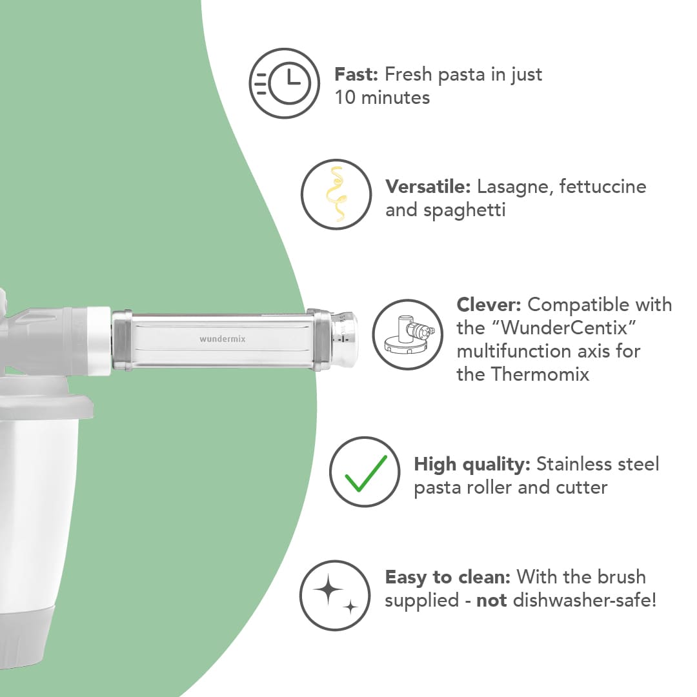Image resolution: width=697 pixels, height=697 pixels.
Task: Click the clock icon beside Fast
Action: point(284,83)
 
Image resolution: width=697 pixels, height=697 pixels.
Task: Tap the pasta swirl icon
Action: point(336,194)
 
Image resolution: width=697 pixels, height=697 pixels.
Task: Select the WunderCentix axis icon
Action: point(408,334)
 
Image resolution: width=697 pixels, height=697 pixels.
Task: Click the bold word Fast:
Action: point(356,74)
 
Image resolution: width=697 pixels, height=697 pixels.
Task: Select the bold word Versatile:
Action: point(428,187)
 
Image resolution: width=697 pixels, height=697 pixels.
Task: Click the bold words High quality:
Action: point(472,465)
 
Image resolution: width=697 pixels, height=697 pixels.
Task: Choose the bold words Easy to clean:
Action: point(448,577)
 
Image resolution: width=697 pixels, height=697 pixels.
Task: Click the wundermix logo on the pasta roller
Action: point(222,339)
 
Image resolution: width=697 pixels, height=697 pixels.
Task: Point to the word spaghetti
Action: point(464,210)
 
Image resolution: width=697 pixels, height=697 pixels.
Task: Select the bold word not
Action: point(491,601)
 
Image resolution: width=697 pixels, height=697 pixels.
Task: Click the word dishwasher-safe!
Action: point(585,600)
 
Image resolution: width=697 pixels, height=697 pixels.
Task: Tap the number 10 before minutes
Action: point(345,98)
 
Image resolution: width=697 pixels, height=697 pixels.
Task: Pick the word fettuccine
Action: point(603,187)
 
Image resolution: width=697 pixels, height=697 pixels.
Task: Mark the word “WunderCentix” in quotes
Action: point(564,328)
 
